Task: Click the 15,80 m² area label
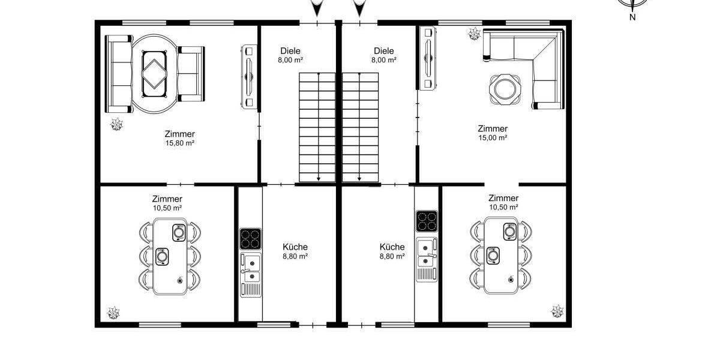pos(180,143)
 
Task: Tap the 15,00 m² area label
pos(493,137)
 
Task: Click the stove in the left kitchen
pos(250,239)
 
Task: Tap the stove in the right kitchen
pos(426,221)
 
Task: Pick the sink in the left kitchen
pos(250,268)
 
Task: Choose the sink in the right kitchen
pos(426,253)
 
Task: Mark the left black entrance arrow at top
pos(317,8)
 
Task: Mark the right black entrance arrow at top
pos(359,8)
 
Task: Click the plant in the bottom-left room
pos(113,313)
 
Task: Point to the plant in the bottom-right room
pos(557,311)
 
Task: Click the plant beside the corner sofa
pos(474,34)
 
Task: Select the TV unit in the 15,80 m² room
pos(249,76)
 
